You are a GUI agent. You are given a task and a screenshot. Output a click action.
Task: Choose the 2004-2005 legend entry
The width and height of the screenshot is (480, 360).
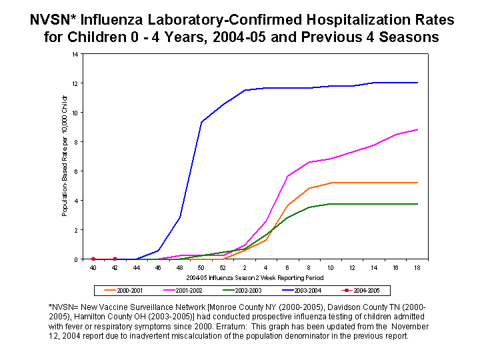[x=364, y=291]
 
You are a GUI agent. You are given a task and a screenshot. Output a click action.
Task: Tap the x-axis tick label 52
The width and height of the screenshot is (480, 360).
[x=223, y=267]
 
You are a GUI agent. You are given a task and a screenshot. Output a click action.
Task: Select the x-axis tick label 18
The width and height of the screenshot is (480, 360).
[x=417, y=267]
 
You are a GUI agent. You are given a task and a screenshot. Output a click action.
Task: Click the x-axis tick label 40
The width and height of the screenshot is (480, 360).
[x=93, y=267]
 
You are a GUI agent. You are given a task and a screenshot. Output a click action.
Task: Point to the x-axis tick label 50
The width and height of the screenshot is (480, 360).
[x=201, y=267]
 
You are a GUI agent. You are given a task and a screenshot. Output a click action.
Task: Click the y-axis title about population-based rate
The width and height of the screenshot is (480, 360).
[x=65, y=156]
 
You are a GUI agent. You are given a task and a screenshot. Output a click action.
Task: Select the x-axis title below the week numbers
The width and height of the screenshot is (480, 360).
[x=255, y=276]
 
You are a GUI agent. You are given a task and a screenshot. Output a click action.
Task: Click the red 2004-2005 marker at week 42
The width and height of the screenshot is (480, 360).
[x=115, y=259]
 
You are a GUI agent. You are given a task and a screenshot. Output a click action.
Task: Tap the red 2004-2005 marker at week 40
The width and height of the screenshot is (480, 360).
[x=93, y=259]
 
